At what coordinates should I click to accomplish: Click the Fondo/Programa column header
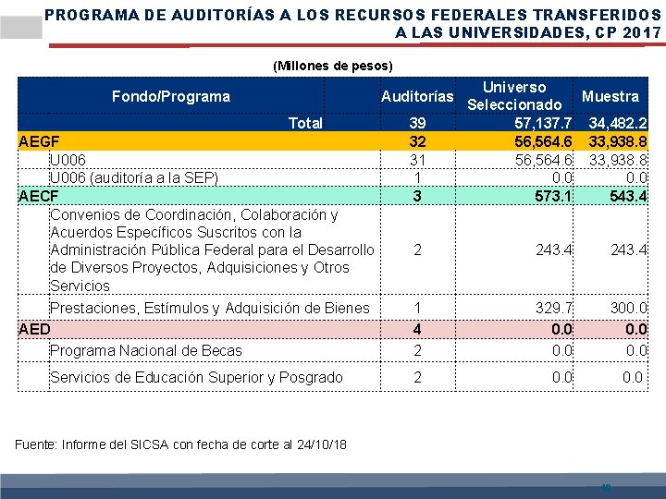[170, 96]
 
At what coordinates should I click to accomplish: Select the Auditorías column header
[417, 96]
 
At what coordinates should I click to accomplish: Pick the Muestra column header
[610, 96]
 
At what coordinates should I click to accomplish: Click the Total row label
[305, 123]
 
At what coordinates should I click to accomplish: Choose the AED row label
[34, 328]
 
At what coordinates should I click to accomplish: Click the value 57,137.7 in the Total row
[544, 123]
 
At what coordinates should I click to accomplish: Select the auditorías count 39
[417, 123]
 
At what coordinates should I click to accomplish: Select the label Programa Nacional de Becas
[145, 350]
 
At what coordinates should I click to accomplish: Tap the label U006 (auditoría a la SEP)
[133, 177]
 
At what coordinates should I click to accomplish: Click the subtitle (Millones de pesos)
[333, 66]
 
